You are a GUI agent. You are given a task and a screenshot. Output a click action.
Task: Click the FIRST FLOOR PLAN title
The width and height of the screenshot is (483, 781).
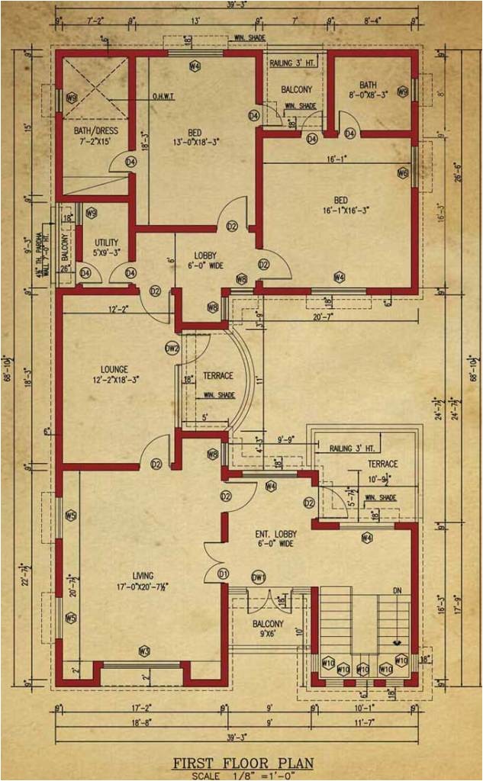(243, 762)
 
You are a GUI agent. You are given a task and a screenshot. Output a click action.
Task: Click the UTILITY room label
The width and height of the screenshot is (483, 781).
(106, 242)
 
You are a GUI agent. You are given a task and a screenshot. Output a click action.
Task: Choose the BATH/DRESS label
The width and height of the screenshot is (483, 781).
(92, 130)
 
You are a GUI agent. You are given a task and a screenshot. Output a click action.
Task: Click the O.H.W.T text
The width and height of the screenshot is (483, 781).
(166, 96)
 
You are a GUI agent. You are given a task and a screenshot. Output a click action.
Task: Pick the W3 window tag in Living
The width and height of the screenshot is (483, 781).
(143, 651)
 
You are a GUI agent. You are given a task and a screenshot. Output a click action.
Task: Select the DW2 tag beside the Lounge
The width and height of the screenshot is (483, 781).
(172, 349)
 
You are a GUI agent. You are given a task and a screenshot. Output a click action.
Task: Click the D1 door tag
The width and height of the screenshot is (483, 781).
(224, 573)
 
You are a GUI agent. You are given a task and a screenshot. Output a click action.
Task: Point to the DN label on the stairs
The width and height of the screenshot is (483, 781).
(396, 590)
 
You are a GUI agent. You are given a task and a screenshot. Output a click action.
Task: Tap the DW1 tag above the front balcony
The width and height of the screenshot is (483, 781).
(258, 577)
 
